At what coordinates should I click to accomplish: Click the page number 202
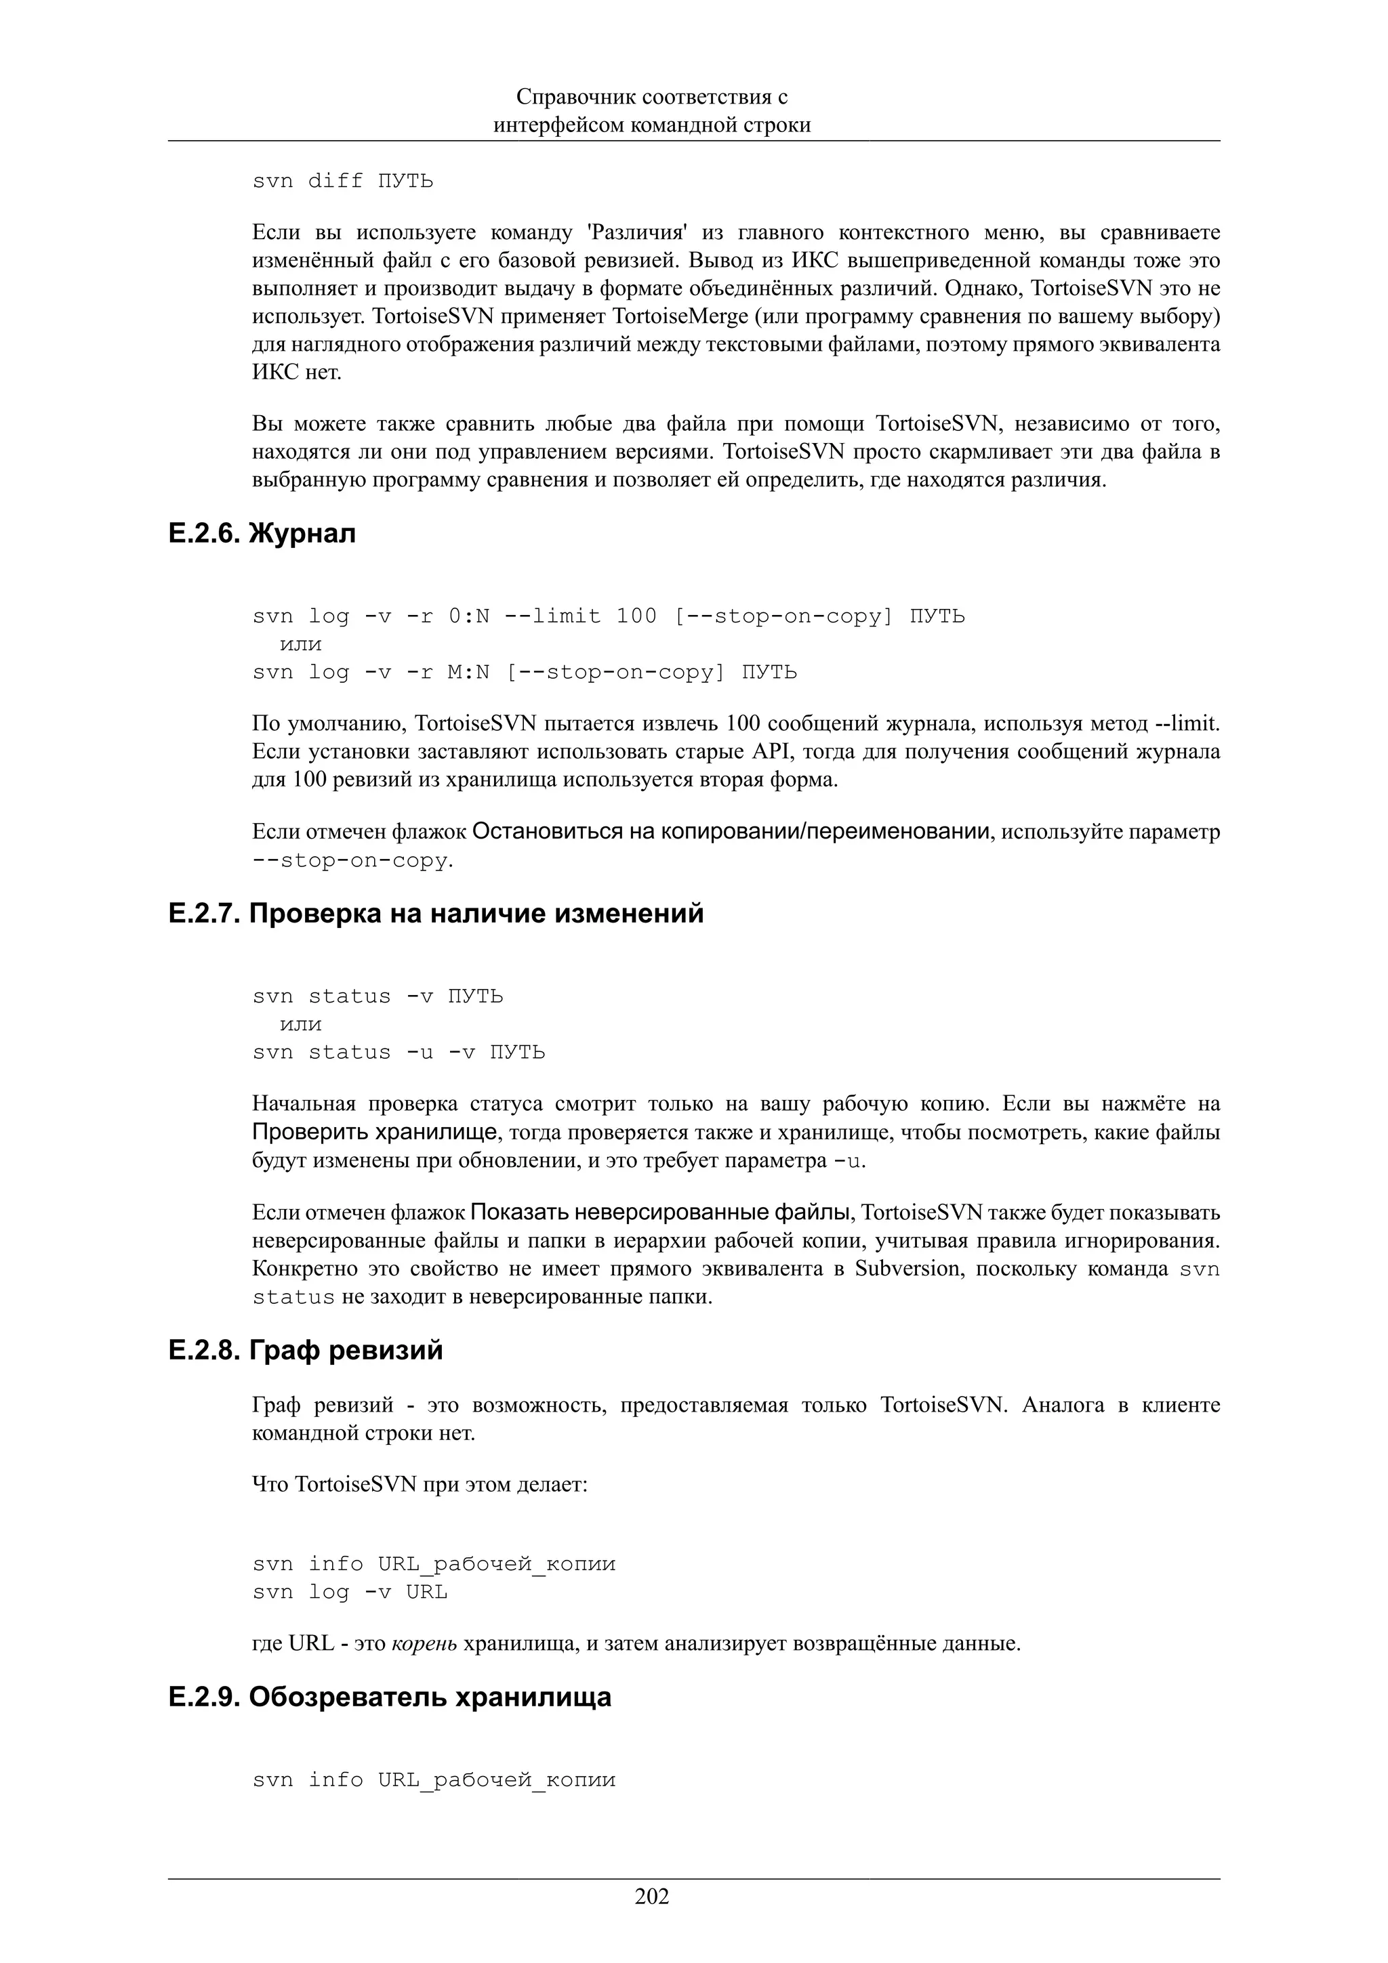pyautogui.click(x=652, y=1897)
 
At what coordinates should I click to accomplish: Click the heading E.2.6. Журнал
pyautogui.click(x=262, y=534)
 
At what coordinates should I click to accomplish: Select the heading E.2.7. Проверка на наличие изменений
pyautogui.click(x=436, y=913)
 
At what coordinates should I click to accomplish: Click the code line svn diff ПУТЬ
pyautogui.click(x=342, y=182)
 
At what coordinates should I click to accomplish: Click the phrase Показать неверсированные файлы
pyautogui.click(x=660, y=1212)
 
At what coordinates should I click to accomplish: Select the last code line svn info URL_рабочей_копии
pyautogui.click(x=434, y=1780)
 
